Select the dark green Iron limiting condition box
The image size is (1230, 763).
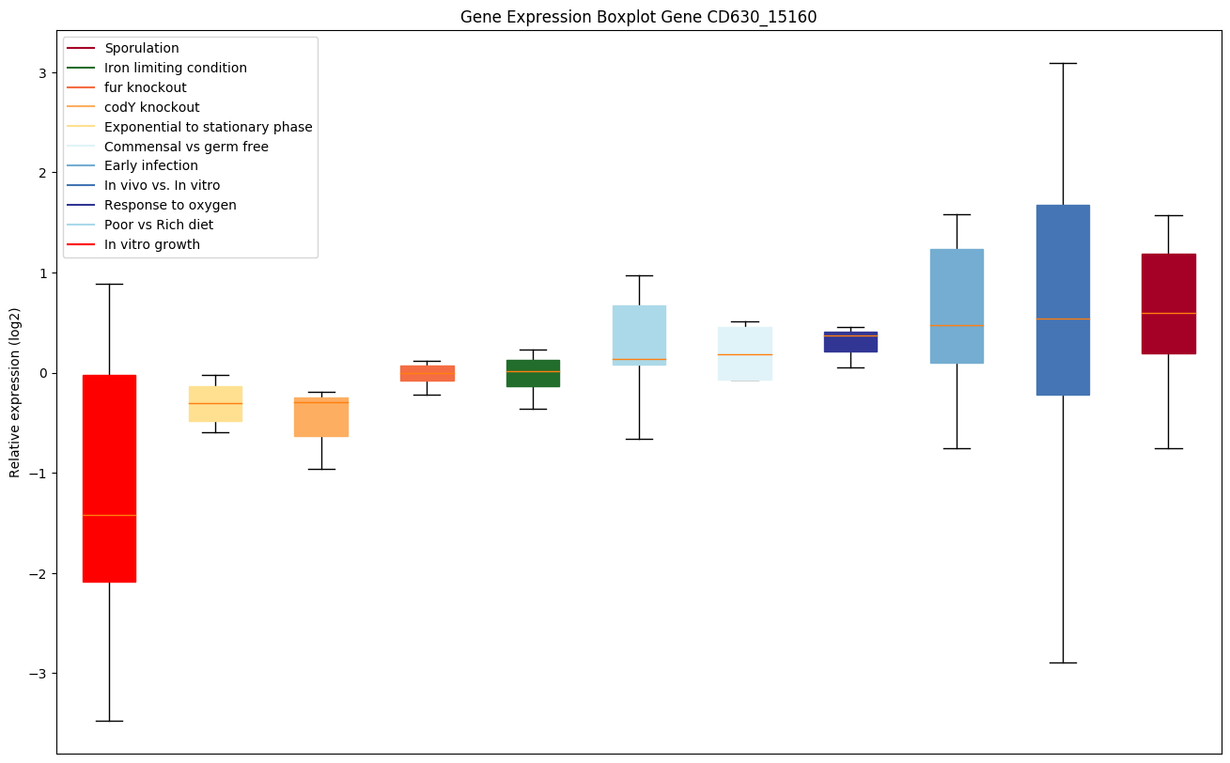pyautogui.click(x=533, y=373)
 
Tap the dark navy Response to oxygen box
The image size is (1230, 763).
pyautogui.click(x=850, y=342)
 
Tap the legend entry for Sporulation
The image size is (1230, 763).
pyautogui.click(x=142, y=48)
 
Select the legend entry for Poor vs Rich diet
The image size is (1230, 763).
pyautogui.click(x=159, y=225)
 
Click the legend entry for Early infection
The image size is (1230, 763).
pyautogui.click(x=151, y=165)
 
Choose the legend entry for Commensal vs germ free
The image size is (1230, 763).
pyautogui.click(x=186, y=147)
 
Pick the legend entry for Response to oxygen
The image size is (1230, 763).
pyautogui.click(x=170, y=205)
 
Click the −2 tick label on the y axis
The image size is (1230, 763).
pyautogui.click(x=40, y=573)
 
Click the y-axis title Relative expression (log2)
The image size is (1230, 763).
pyautogui.click(x=14, y=392)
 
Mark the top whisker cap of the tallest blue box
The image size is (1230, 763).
pyautogui.click(x=1063, y=63)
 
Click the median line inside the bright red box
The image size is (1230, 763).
pyautogui.click(x=109, y=515)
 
